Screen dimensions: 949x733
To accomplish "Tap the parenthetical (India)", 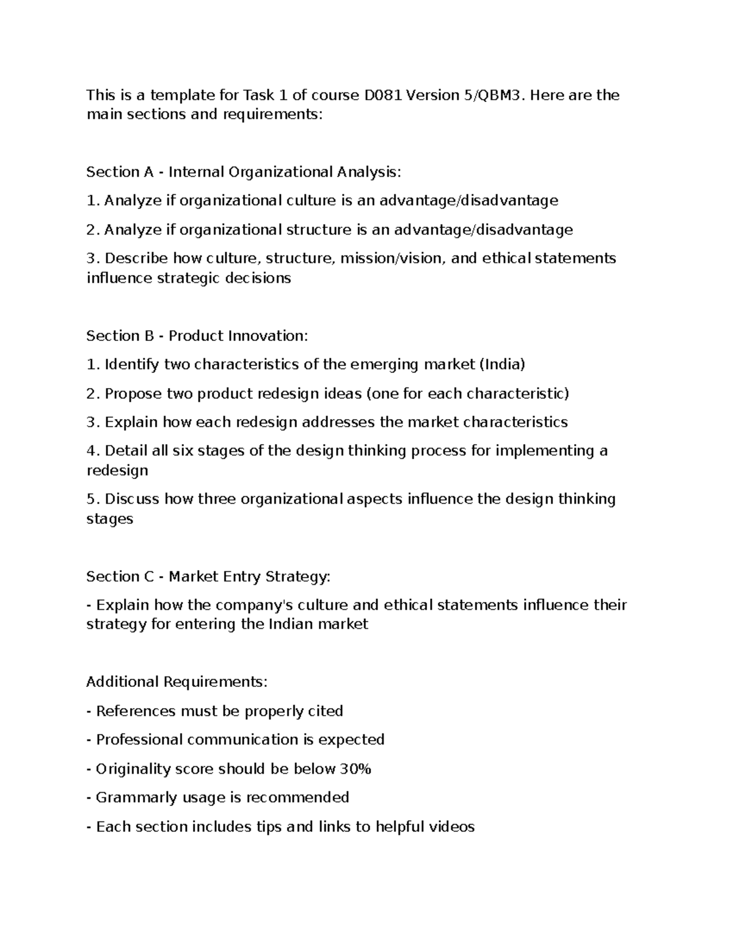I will [502, 364].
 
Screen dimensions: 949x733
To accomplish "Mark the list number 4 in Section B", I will [92, 450].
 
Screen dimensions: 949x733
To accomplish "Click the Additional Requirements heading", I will [177, 681].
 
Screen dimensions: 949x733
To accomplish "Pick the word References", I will [136, 711].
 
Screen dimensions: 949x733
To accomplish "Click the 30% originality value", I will [356, 768].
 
